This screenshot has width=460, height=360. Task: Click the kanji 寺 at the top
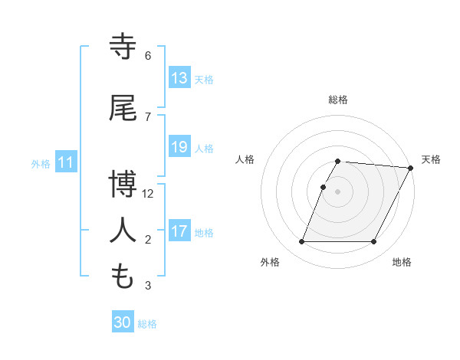coord(123,47)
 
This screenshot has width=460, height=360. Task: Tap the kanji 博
coord(123,184)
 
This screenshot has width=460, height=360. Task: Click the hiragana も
coord(123,276)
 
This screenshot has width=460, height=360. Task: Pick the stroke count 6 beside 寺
coord(148,56)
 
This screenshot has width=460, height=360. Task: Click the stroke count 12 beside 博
coord(148,194)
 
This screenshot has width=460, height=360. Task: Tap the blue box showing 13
coord(179,78)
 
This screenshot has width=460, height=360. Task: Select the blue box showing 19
coord(179,147)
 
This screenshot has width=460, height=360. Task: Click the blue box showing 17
coord(179,231)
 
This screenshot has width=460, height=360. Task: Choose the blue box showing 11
coord(66,162)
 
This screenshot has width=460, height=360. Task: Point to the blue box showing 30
coord(123,322)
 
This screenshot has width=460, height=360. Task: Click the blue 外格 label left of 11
coord(41,163)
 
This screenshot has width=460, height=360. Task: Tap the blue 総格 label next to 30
coord(147,324)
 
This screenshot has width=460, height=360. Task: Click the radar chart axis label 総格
coord(338,100)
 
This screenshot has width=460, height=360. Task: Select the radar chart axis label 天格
coord(431,159)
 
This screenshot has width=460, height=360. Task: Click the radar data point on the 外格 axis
coord(301,242)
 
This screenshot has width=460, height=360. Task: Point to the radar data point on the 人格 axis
coord(323,187)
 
